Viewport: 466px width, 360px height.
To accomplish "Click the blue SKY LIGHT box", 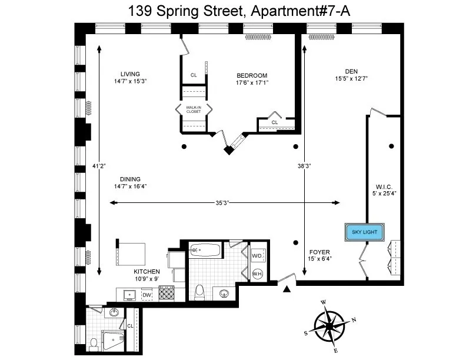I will click(x=365, y=232).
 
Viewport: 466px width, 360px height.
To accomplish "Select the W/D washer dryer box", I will click(x=257, y=256).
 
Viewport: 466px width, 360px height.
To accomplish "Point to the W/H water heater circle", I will click(x=257, y=274).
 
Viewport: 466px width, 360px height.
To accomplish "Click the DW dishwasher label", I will click(x=147, y=295).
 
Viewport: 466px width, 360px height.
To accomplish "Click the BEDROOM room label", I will click(x=252, y=75).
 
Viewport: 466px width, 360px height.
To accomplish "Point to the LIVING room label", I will click(x=130, y=74).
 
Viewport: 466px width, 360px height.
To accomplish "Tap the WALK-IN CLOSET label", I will click(x=194, y=109).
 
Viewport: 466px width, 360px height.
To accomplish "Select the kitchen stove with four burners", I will click(x=167, y=293).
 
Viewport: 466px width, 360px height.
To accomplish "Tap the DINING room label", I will click(x=130, y=179).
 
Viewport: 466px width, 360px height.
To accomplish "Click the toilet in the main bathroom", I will click(x=199, y=291).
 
